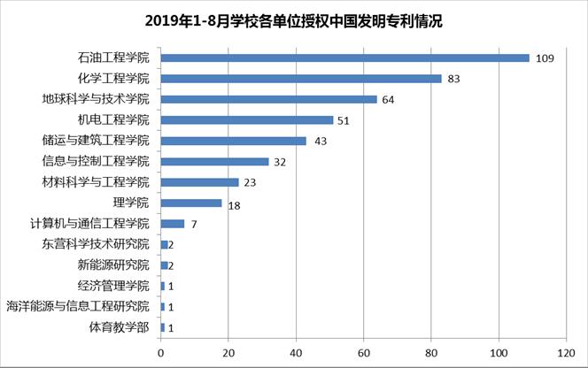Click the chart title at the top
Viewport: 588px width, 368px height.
tap(294, 19)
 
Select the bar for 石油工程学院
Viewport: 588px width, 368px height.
tap(344, 58)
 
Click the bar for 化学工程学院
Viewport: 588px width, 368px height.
tap(301, 79)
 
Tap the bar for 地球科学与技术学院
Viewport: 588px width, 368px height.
tap(268, 99)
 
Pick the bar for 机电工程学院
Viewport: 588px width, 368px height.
tap(247, 119)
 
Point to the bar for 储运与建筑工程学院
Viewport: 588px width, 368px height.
tap(233, 141)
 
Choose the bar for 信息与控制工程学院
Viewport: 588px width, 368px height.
tap(214, 161)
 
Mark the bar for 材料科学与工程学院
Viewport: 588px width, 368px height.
tap(199, 182)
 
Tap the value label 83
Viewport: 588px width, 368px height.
tap(454, 79)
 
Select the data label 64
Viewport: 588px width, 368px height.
tap(388, 99)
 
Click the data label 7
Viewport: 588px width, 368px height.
tap(192, 224)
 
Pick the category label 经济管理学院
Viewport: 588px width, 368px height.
tap(113, 286)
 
